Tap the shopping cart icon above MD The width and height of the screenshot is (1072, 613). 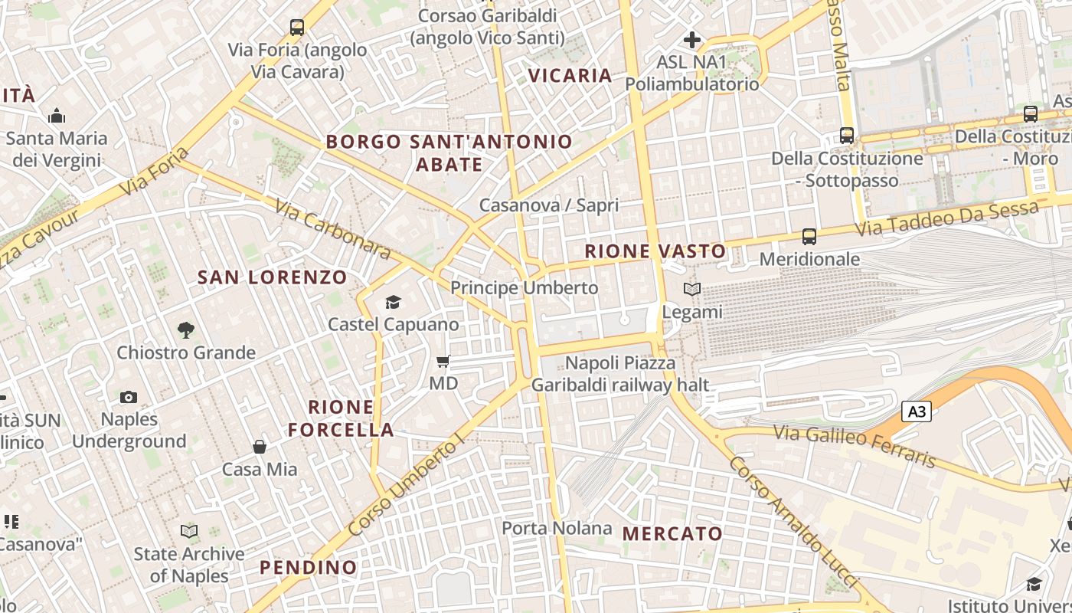click(x=443, y=361)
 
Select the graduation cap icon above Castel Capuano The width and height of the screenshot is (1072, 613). click(x=393, y=302)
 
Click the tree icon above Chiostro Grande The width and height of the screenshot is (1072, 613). click(x=185, y=330)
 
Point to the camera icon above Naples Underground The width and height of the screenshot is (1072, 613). click(x=129, y=397)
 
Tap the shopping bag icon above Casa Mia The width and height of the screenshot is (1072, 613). click(x=260, y=447)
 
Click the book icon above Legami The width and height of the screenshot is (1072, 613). click(x=692, y=290)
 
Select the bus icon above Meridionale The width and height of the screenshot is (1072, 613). click(x=809, y=237)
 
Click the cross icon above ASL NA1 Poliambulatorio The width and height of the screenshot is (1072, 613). click(x=692, y=40)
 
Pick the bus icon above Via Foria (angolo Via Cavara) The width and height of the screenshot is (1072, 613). click(x=297, y=28)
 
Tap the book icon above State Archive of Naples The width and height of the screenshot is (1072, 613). click(x=189, y=531)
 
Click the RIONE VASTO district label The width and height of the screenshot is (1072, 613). click(x=655, y=251)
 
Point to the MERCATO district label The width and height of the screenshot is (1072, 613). click(x=672, y=534)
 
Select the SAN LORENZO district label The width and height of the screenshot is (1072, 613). click(x=273, y=277)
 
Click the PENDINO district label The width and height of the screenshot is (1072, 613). click(x=309, y=568)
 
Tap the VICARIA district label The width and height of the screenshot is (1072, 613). click(x=570, y=76)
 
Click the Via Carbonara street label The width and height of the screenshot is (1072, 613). click(x=332, y=229)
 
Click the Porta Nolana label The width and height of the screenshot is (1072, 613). click(x=557, y=528)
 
